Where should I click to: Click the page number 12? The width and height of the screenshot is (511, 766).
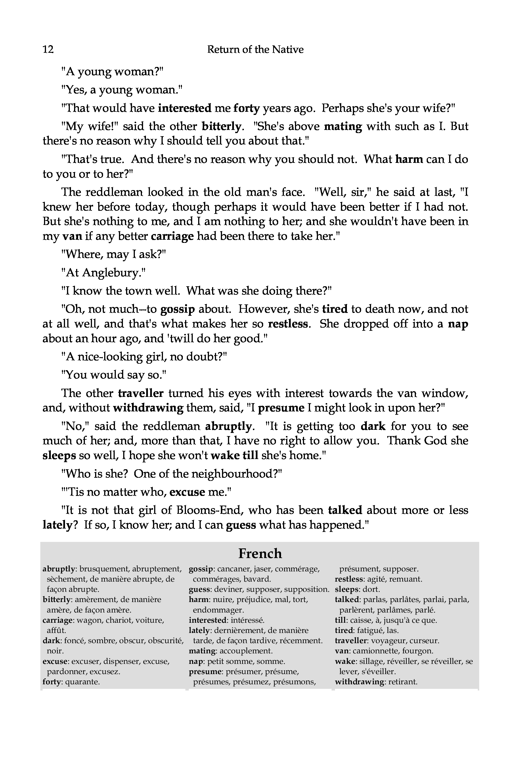point(48,49)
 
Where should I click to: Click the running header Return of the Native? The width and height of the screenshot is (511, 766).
point(255,49)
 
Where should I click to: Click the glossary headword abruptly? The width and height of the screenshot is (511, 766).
point(59,569)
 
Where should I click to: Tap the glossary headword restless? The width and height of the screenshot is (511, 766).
point(349,579)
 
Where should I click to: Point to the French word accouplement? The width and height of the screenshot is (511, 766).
point(246,651)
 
